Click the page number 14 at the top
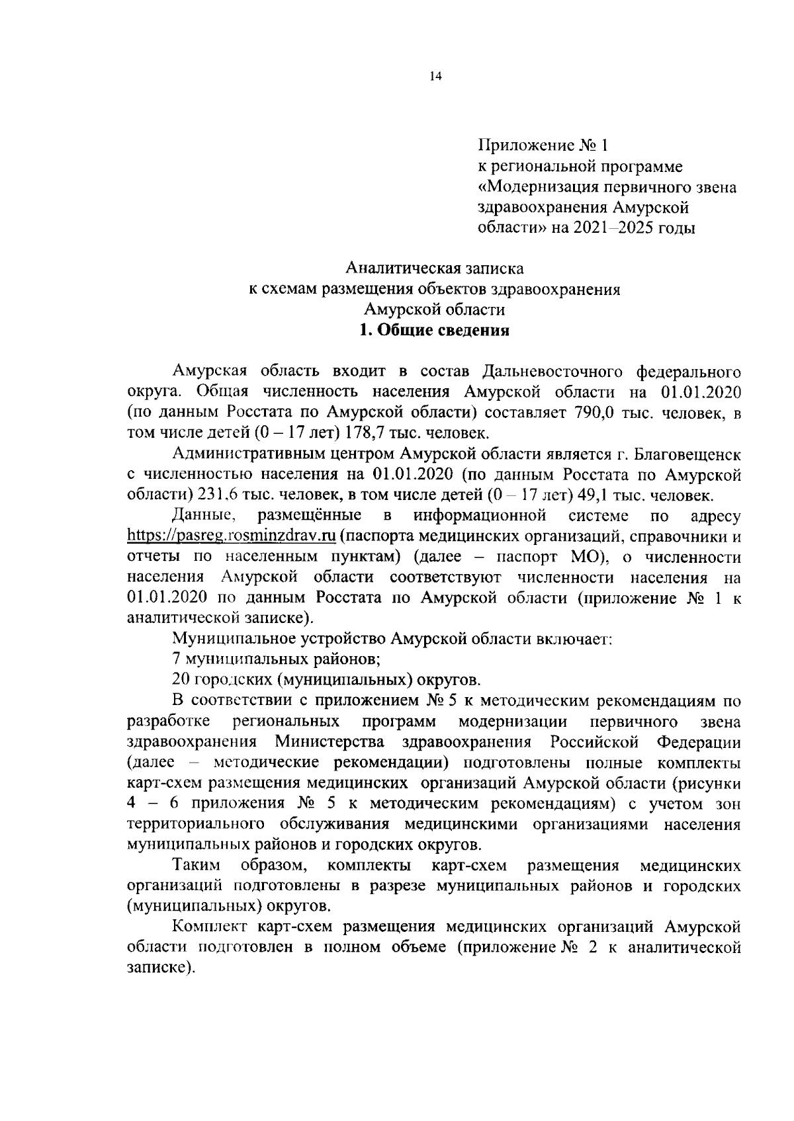pos(435,76)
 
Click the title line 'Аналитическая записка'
pos(435,269)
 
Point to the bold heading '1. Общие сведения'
pos(434,331)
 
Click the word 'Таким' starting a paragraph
pos(195,866)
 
